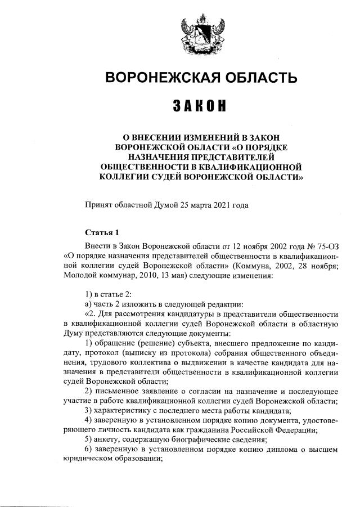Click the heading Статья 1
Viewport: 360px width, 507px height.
[102, 232]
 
